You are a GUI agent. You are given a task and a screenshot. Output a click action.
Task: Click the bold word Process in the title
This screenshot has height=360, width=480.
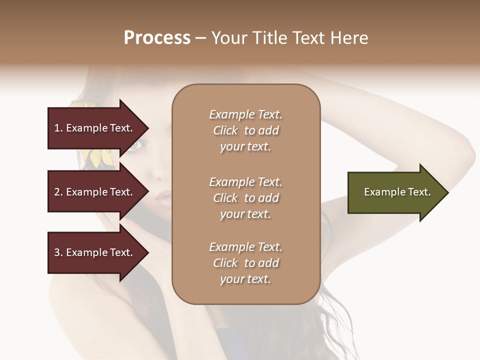(157, 38)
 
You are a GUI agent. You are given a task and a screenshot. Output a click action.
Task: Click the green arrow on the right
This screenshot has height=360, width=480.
(395, 192)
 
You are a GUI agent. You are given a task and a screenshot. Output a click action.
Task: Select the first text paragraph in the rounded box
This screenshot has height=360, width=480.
(245, 130)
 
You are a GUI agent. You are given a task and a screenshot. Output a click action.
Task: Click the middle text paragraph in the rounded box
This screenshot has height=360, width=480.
(245, 198)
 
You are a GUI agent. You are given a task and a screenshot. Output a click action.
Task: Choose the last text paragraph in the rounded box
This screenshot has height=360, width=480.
(245, 263)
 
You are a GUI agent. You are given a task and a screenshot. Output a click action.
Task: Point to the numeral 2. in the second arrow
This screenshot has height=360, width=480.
(58, 192)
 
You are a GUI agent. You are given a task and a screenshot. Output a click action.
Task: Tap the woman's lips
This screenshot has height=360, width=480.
(163, 199)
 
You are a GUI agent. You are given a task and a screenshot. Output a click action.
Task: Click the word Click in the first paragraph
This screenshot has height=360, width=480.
(225, 131)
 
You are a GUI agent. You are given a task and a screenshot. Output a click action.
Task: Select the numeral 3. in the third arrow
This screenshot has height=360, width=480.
(58, 252)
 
